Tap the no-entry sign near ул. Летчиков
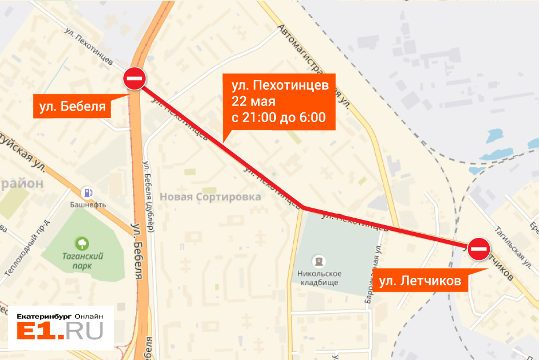click(479, 249)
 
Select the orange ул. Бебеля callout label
click(72, 106)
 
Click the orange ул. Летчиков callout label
click(420, 282)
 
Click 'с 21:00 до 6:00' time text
click(279, 117)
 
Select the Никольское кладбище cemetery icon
click(318, 261)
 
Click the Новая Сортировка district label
click(211, 197)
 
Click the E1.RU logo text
click(60, 331)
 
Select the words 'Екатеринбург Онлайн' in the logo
click(60, 316)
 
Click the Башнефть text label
click(88, 205)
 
